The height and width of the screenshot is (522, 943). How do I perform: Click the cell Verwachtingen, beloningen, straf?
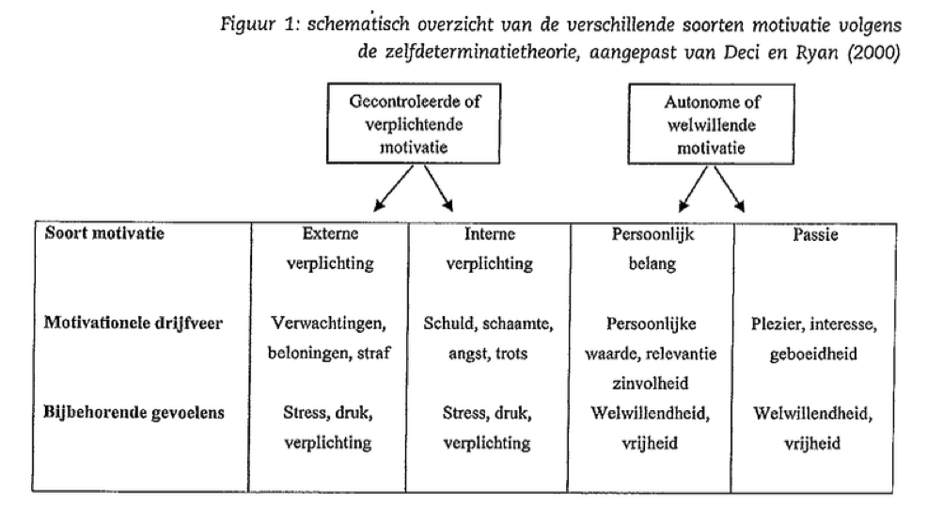coord(328,339)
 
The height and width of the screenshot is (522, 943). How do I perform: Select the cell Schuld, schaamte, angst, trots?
coord(488,339)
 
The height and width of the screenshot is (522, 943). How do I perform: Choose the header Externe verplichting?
coord(328,249)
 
